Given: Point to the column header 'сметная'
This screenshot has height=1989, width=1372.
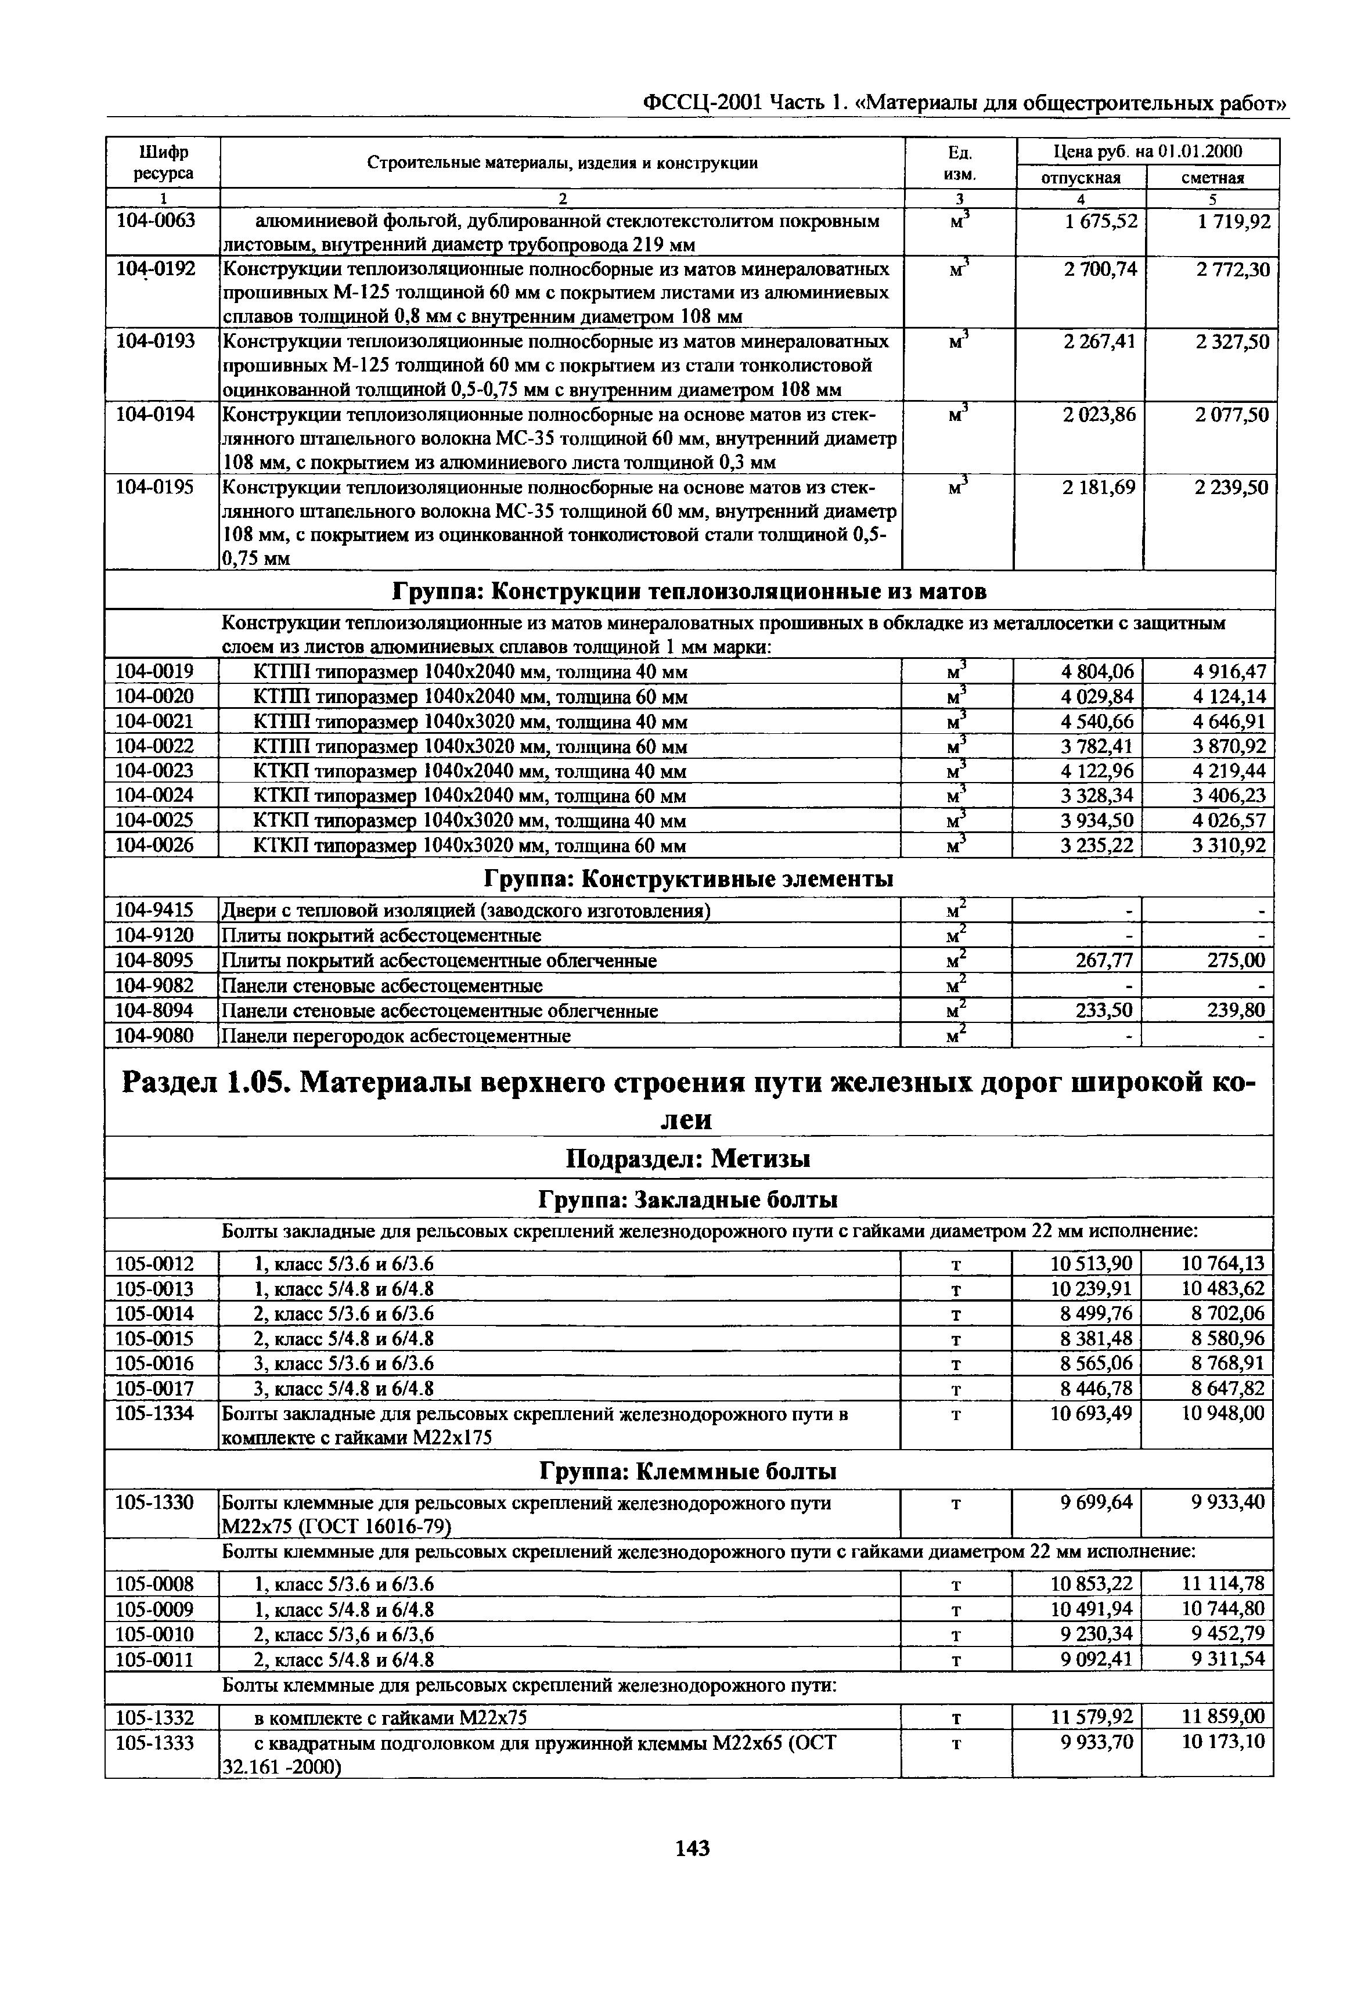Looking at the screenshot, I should pos(1212,178).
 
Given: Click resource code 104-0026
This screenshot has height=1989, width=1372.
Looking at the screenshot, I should pos(155,846).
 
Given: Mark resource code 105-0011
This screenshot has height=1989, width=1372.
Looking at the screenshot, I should pos(155,1659).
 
